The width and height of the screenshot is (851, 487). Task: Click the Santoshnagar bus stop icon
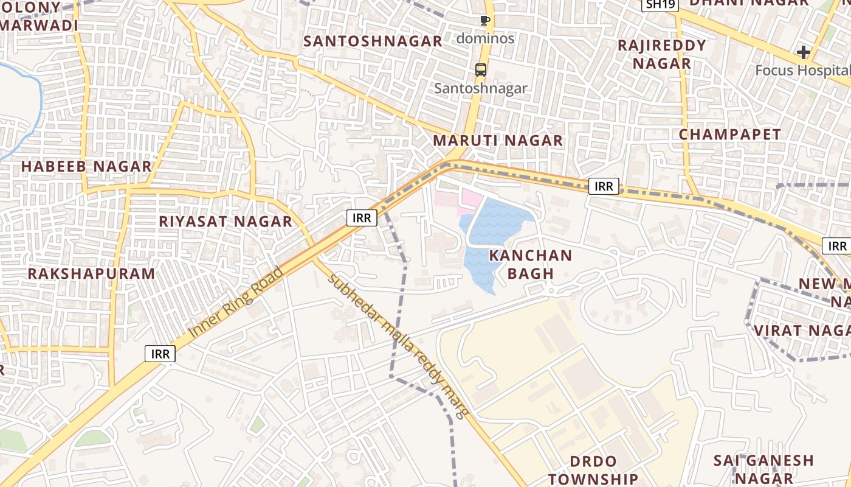tap(481, 69)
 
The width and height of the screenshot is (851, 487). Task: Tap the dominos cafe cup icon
tap(484, 21)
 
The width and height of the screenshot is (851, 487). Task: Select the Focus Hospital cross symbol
tap(804, 52)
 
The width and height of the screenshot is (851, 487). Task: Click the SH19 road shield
tap(660, 4)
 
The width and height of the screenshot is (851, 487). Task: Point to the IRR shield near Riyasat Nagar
tap(362, 217)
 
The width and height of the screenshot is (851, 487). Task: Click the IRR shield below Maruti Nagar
tap(604, 186)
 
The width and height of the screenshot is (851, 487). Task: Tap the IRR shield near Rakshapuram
tap(160, 353)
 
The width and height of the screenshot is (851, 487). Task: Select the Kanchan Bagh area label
tap(531, 264)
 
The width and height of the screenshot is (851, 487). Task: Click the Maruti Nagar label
tap(498, 141)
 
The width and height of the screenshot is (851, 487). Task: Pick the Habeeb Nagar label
tap(86, 166)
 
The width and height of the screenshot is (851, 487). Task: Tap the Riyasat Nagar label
tap(226, 222)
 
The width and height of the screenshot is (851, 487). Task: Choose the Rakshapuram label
tap(91, 273)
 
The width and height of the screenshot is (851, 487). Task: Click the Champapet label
tap(729, 135)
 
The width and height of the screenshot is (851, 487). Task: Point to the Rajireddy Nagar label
tap(662, 54)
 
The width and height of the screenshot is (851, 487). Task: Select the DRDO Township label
tap(593, 470)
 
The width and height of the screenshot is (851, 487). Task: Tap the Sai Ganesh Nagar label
tap(763, 469)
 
